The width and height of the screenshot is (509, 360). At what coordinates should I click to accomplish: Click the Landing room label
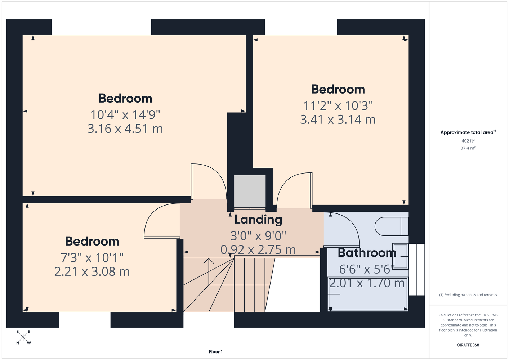258,220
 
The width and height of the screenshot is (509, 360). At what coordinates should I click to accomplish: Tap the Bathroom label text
367,253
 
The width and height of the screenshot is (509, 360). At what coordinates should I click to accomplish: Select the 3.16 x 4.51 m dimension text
125,129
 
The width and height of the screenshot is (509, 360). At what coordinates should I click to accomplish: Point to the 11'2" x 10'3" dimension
338,105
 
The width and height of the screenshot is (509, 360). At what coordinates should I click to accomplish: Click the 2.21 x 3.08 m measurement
92,271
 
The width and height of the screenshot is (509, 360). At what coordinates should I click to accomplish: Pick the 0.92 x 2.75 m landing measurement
258,249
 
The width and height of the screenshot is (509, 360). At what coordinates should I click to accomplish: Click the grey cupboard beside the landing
250,191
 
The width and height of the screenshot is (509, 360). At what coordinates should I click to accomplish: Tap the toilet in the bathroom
392,226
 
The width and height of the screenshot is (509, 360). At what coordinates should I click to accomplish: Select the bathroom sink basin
400,256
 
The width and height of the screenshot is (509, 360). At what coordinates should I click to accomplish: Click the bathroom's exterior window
417,270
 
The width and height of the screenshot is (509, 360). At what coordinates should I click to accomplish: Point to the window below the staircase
209,320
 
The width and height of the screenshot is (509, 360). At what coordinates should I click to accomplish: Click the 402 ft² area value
468,141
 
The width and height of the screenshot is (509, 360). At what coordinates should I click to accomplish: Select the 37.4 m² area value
468,148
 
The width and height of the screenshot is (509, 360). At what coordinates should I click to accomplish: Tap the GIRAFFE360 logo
468,345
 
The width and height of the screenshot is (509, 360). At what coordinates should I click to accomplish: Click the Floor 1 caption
216,352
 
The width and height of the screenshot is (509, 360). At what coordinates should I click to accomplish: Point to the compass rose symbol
23,337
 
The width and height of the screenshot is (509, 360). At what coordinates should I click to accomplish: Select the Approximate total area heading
468,132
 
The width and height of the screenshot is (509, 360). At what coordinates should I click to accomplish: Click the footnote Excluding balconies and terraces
468,295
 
